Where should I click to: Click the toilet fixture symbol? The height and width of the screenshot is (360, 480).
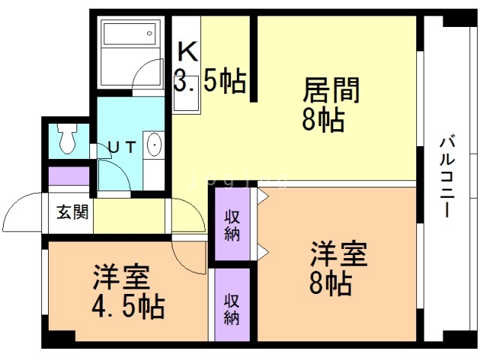(x=67, y=138)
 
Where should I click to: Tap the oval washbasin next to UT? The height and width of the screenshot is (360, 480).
(x=154, y=145)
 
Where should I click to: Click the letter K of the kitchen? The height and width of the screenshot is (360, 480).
(x=188, y=52)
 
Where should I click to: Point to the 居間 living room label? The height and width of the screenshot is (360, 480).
(x=331, y=90)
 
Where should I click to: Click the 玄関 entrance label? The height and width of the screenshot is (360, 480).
(x=73, y=211)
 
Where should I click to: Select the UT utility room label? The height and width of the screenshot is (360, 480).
(x=122, y=148)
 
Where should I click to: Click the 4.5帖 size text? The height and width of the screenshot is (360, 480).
(x=128, y=307)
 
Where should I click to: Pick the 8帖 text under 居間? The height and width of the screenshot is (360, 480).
(x=323, y=120)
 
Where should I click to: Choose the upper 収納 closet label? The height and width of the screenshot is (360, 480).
(x=232, y=226)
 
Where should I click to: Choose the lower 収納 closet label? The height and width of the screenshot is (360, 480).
(x=232, y=309)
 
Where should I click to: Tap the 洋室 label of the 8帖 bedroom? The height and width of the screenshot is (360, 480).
(x=339, y=253)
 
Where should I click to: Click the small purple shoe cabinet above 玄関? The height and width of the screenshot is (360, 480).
(x=69, y=176)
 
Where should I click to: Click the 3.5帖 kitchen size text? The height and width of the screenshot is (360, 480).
(x=210, y=81)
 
